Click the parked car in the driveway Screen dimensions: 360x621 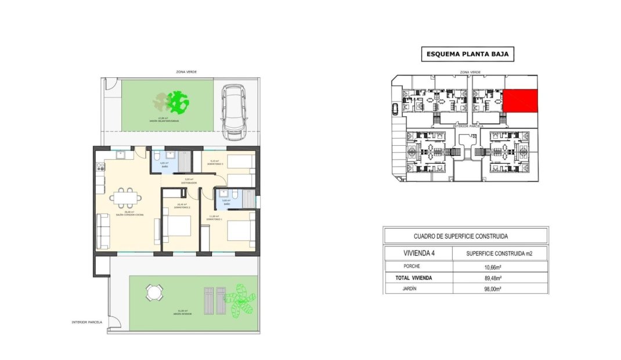click(x=233, y=111)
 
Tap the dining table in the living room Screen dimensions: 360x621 click(x=127, y=198)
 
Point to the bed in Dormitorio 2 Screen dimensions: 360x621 click(x=176, y=228)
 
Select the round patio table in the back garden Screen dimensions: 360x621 click(x=154, y=292)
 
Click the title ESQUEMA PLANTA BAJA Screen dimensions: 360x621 click(x=467, y=55)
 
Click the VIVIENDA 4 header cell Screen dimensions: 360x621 click(x=418, y=253)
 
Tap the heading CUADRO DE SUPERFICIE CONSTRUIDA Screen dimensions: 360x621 click(x=465, y=236)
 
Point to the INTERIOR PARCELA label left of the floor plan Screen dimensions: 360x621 click(x=86, y=322)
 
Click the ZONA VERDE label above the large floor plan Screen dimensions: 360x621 click(x=186, y=71)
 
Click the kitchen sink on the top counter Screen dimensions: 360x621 click(x=121, y=155)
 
